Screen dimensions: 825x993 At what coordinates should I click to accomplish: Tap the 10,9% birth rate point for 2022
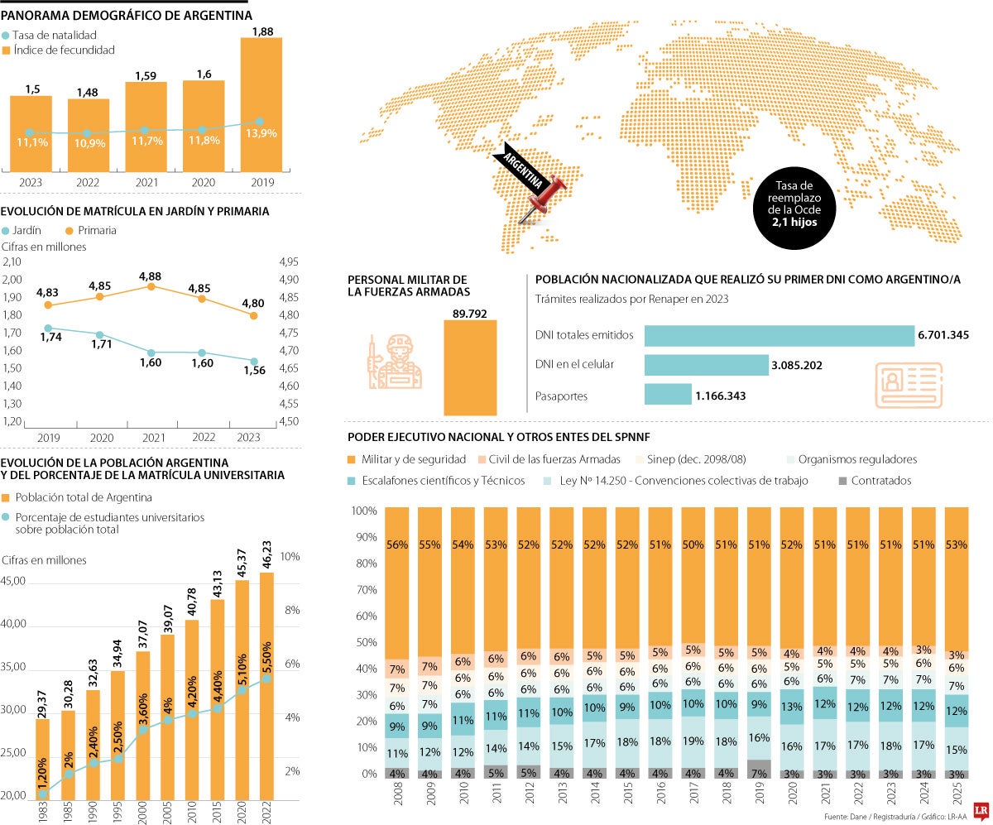(86, 133)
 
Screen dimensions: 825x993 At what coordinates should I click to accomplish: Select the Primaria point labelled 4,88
(150, 285)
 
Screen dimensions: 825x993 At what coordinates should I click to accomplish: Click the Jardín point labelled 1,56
(254, 360)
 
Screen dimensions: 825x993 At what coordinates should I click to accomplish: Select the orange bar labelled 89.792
(470, 367)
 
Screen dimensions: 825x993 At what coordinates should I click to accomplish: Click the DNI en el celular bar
(706, 365)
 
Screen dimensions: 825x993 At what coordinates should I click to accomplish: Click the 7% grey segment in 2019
(760, 770)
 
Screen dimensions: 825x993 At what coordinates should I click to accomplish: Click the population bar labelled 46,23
(266, 687)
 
